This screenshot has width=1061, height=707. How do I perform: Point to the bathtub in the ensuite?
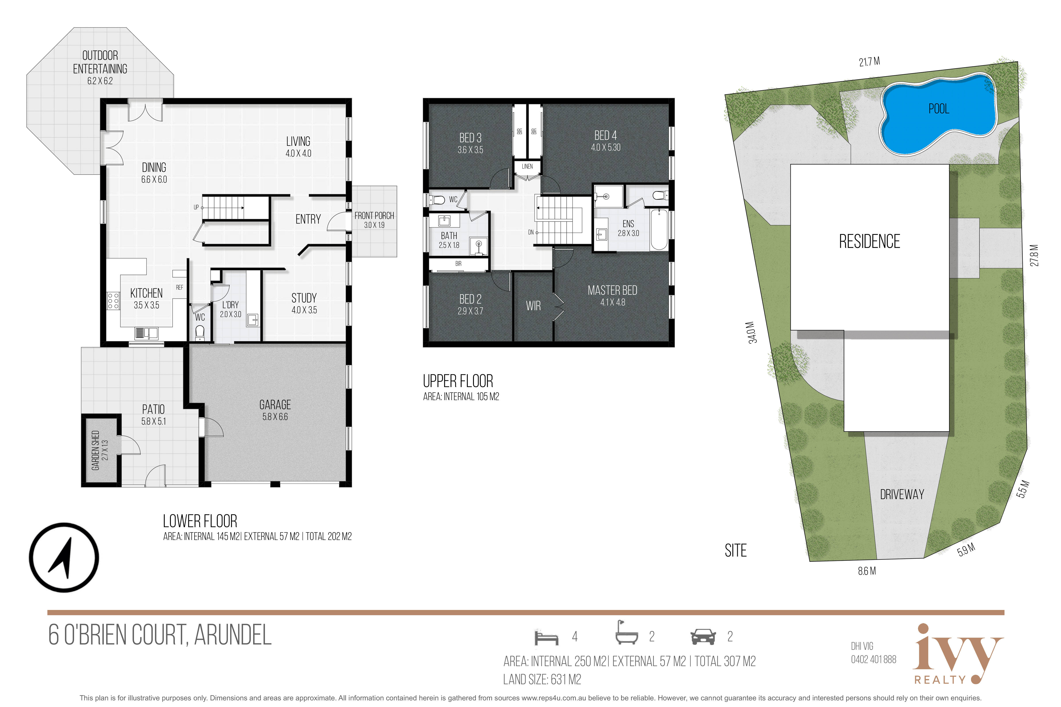pos(659,229)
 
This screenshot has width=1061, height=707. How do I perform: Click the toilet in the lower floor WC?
pos(200,333)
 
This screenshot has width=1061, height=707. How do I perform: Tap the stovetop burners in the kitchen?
pos(113,300)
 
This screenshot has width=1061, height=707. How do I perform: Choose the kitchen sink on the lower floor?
pos(146,333)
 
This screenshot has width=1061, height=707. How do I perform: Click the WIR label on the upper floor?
pos(533,306)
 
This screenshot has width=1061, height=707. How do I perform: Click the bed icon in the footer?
pos(546,638)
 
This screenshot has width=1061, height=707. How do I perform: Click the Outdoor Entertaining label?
pos(100,68)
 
